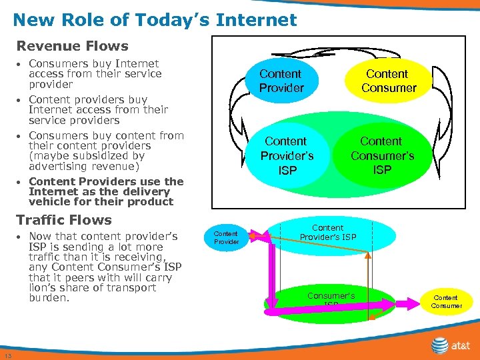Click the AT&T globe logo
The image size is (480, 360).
point(439,345)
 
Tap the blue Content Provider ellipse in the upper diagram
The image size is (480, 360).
point(281,81)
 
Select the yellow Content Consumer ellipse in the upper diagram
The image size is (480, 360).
point(388,81)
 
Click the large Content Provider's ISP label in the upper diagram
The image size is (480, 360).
point(287,155)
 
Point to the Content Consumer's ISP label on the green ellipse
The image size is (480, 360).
point(382,155)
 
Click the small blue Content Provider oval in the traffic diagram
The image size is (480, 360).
point(226,237)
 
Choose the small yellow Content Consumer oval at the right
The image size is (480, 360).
point(446,301)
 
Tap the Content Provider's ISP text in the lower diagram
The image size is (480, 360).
point(327,233)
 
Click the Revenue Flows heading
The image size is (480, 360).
point(72,46)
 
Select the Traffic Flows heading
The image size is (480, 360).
point(64,220)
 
